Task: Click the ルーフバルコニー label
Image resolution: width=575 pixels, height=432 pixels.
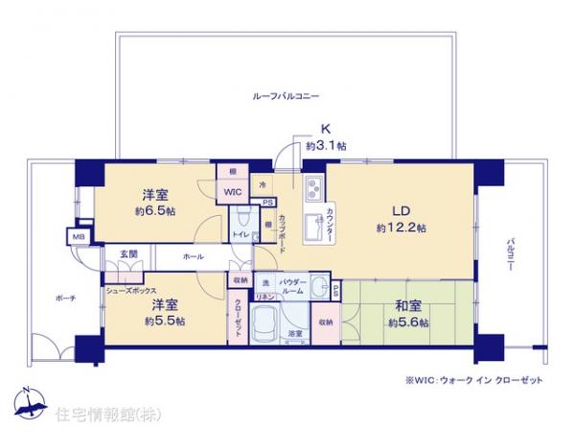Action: (x=286, y=97)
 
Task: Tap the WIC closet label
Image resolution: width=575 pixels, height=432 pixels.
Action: (x=234, y=191)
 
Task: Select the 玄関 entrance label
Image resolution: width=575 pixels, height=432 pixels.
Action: (x=127, y=253)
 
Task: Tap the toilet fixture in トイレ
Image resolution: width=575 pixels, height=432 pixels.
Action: (x=243, y=217)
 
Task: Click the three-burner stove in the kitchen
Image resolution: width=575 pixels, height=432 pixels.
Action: (x=313, y=186)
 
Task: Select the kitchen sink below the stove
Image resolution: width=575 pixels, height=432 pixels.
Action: (x=311, y=228)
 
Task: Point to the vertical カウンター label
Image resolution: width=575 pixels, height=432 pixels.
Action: (x=330, y=223)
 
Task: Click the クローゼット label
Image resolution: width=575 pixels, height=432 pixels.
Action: (x=235, y=314)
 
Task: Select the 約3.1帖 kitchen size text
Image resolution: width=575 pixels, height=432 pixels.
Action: (x=326, y=146)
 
